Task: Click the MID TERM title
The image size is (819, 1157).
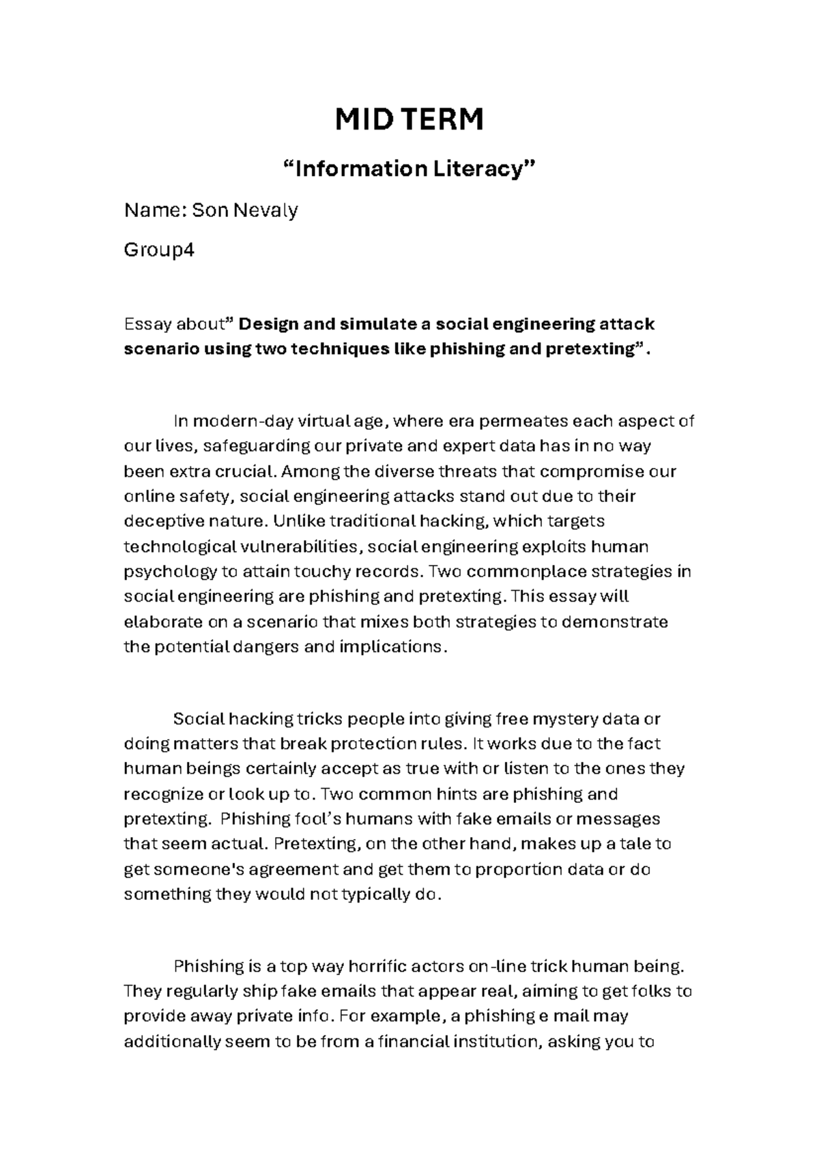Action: click(409, 119)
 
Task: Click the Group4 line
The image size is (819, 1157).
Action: click(159, 250)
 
